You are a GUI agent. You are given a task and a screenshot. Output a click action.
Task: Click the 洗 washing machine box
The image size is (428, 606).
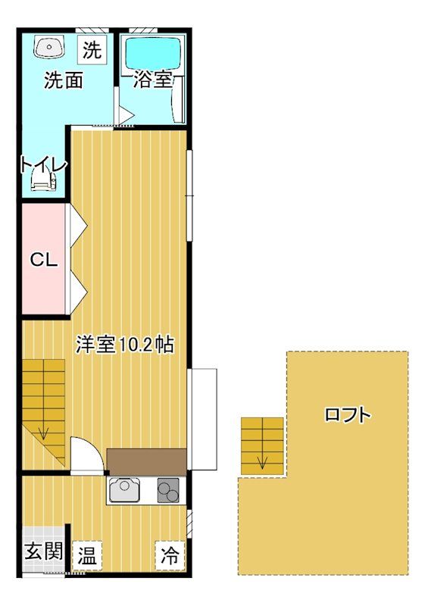[92, 51]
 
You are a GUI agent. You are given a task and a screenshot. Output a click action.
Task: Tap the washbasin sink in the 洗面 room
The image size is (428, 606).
[47, 47]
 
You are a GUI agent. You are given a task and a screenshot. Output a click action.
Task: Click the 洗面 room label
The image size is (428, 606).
[63, 80]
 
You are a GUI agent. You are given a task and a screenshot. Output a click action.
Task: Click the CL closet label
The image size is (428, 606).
[43, 260]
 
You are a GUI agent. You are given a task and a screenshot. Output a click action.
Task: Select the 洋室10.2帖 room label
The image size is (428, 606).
[125, 345]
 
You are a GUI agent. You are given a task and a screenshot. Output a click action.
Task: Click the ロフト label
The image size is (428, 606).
[348, 414]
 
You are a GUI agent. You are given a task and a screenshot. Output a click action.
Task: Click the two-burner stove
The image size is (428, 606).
[168, 492]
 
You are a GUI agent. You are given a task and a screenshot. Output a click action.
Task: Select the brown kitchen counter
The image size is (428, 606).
[146, 461]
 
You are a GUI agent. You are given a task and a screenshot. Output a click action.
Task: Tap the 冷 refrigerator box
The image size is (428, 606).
[170, 555]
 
